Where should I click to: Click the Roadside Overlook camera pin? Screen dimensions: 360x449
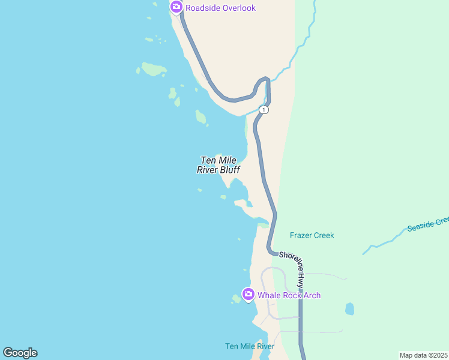click(176, 7)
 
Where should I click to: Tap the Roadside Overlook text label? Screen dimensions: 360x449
click(220, 8)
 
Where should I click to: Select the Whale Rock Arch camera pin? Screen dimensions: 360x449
click(248, 294)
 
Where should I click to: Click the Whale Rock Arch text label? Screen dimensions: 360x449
click(289, 295)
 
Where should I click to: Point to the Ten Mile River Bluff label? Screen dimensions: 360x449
click(218, 165)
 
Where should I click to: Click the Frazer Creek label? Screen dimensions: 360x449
click(312, 235)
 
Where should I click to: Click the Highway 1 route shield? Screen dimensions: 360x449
click(264, 110)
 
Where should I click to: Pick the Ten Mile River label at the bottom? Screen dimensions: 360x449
click(249, 346)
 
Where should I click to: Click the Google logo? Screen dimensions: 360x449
click(20, 353)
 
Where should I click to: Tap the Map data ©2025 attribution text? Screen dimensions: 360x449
click(424, 355)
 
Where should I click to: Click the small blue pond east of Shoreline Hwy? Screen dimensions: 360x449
click(349, 309)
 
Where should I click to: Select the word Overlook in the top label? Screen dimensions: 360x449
click(238, 8)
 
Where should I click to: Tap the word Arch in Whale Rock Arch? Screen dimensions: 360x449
click(312, 295)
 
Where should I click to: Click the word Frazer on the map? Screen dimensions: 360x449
click(300, 235)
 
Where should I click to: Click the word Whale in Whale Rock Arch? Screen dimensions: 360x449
click(269, 295)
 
